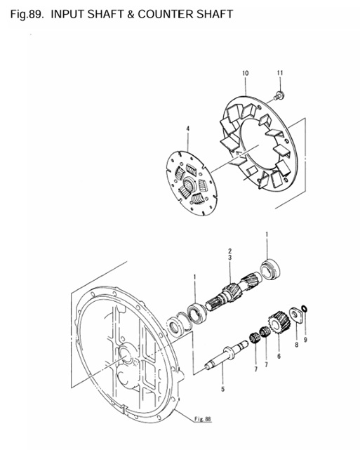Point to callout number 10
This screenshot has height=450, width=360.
(245, 73)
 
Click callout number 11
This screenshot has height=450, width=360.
(279, 73)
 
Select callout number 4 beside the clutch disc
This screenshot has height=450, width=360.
(188, 128)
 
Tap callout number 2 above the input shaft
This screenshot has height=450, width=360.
(229, 251)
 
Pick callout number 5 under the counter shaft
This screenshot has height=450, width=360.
(222, 388)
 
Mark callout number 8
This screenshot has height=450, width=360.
(296, 345)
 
